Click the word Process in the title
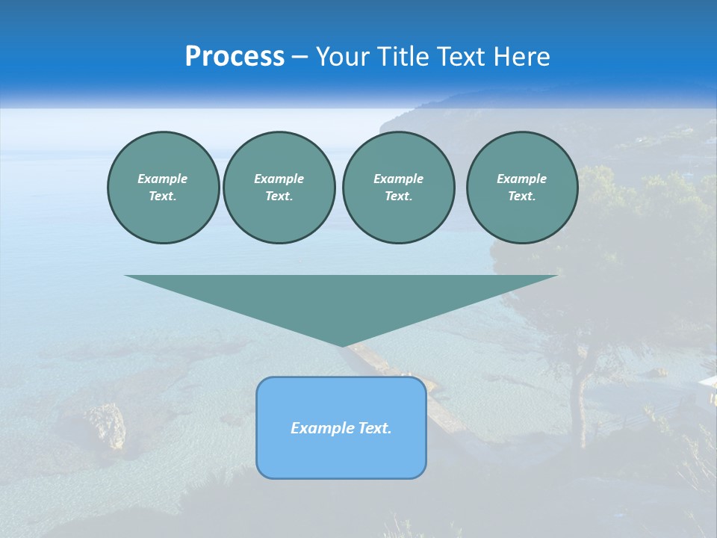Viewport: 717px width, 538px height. [235, 57]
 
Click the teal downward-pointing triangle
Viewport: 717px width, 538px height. [341, 299]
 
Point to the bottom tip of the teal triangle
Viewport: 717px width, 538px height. [341, 344]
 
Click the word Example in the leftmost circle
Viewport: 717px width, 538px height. [163, 179]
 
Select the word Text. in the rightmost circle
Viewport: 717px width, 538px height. [522, 196]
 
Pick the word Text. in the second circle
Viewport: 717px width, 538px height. [279, 196]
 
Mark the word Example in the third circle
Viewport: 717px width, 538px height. [398, 179]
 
